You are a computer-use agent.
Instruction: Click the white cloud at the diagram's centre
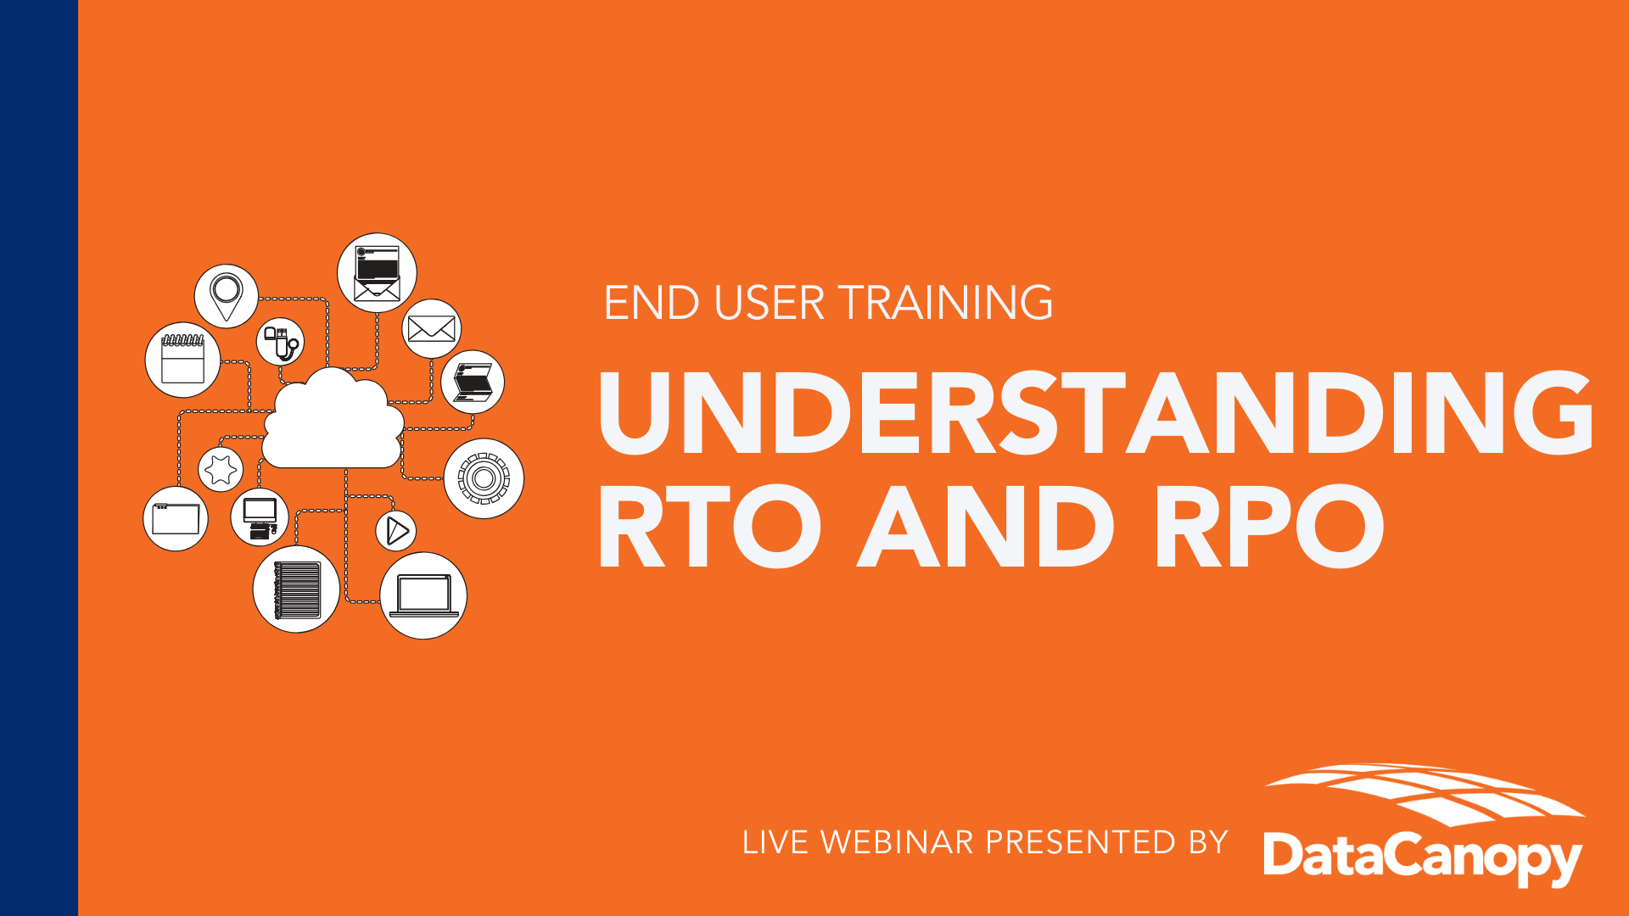point(333,420)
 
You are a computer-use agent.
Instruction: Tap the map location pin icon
point(227,296)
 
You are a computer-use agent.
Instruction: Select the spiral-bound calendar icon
point(182,360)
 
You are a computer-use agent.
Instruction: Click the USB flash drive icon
point(281,342)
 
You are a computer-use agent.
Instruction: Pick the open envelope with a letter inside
point(377,273)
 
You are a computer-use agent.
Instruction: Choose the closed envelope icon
point(432,328)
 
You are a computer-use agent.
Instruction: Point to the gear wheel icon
point(484,478)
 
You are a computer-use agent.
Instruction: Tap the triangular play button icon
point(396,530)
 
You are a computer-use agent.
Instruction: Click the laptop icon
point(423,595)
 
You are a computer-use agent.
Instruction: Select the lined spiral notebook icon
point(296,589)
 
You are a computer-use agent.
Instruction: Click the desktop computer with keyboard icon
point(260,517)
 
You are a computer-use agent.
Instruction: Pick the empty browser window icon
point(176,518)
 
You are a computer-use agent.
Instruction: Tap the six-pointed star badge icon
point(221,469)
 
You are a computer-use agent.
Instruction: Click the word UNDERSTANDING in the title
point(1096,412)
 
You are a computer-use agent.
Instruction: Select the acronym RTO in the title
point(709,527)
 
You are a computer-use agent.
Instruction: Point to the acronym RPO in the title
point(1269,527)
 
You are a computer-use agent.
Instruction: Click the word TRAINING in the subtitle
point(945,303)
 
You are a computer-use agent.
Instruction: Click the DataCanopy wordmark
point(1423,858)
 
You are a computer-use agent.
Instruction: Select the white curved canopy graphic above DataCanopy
point(1425,794)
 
